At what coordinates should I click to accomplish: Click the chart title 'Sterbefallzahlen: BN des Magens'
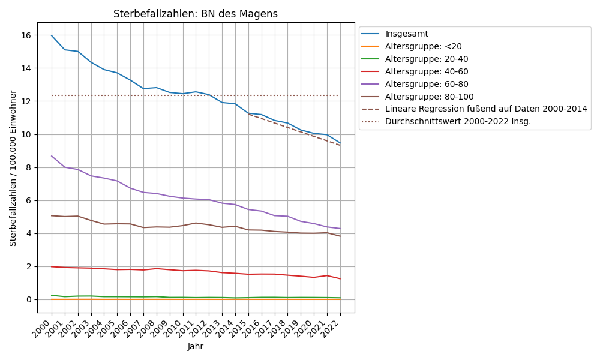(x=196, y=14)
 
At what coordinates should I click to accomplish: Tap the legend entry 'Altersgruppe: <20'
(x=423, y=46)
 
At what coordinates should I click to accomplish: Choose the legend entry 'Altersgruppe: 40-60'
(x=427, y=71)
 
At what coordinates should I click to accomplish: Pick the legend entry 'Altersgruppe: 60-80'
(x=427, y=84)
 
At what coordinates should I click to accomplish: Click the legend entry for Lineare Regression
(x=486, y=109)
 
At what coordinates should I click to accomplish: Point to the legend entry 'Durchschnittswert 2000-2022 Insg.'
(x=458, y=122)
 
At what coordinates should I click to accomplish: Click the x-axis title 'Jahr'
(x=196, y=346)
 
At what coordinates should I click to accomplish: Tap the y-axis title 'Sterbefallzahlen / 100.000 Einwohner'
(x=13, y=168)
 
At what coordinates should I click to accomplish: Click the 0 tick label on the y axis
(x=29, y=299)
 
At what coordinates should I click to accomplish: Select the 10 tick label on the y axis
(x=26, y=134)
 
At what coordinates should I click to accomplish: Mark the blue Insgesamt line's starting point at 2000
(x=52, y=35)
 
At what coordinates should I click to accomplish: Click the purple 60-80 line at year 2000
(x=52, y=156)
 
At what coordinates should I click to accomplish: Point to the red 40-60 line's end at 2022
(x=340, y=278)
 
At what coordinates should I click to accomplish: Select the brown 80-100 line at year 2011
(x=196, y=223)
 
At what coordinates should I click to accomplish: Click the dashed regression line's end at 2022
(x=340, y=145)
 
